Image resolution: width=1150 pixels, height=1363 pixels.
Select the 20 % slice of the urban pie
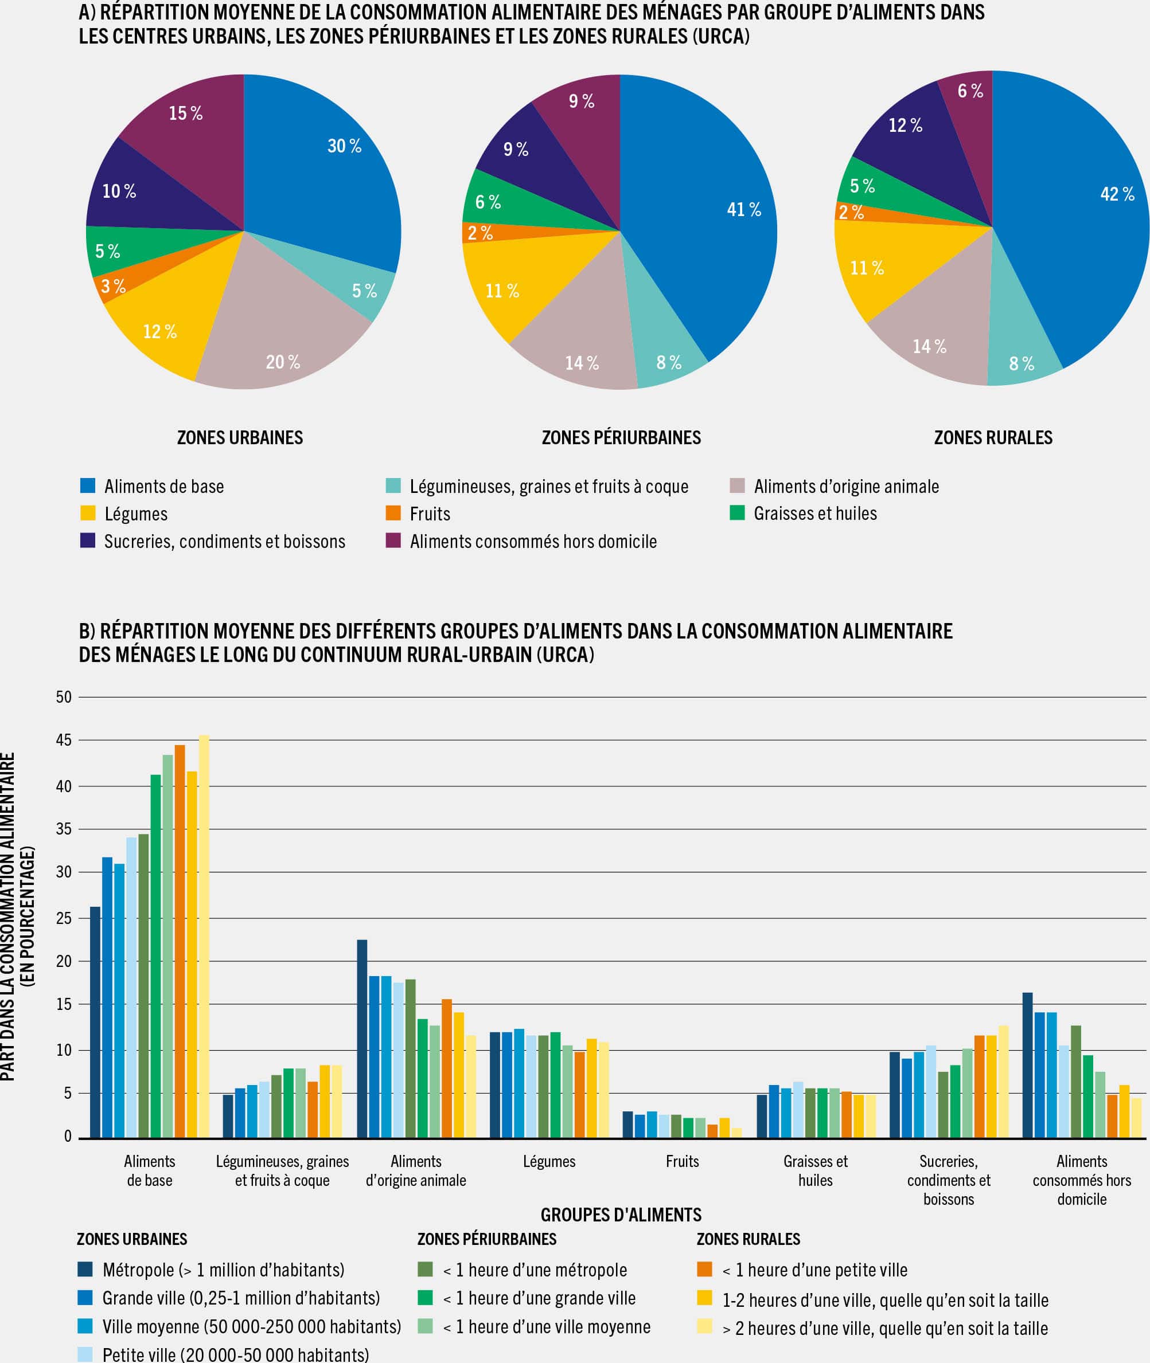[280, 326]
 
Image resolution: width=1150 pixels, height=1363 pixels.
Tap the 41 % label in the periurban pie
[744, 209]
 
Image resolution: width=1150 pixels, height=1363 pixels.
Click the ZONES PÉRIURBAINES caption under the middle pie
[621, 437]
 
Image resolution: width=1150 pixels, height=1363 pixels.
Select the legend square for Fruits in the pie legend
[393, 513]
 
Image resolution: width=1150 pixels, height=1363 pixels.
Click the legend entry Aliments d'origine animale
[845, 486]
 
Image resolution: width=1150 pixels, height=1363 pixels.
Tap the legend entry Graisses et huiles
[815, 514]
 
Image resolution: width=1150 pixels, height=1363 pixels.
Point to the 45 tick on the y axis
[64, 740]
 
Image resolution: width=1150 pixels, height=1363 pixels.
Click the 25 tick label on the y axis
[64, 918]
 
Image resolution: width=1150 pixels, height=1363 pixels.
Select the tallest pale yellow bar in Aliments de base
[204, 938]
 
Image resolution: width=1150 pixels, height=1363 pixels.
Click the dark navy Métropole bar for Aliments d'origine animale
[362, 1040]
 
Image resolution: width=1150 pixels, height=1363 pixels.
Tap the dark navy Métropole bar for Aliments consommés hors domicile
[1027, 1066]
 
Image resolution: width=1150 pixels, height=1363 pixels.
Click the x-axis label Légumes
[549, 1162]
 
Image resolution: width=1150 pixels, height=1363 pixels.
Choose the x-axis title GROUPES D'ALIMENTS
[621, 1215]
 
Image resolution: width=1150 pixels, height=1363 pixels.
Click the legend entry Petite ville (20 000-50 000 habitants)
[235, 1354]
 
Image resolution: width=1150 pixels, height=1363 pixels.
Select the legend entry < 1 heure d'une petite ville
[814, 1270]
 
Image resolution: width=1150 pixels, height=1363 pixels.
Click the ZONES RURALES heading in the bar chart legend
[748, 1239]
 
